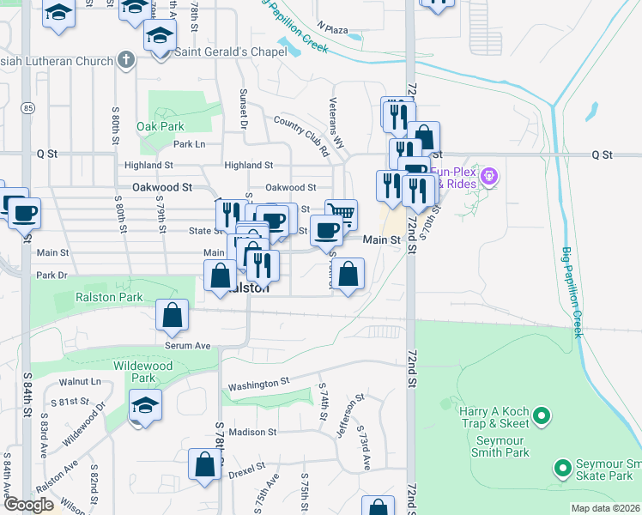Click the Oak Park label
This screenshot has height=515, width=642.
(x=160, y=126)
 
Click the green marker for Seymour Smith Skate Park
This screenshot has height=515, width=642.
(x=562, y=469)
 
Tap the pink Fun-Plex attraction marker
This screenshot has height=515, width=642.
(x=490, y=178)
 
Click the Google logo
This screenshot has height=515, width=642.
(x=28, y=506)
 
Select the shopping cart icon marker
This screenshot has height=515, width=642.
(x=342, y=213)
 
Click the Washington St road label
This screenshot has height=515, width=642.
(x=253, y=383)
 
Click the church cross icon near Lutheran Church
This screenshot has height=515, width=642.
(x=127, y=61)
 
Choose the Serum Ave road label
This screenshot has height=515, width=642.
(x=188, y=345)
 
